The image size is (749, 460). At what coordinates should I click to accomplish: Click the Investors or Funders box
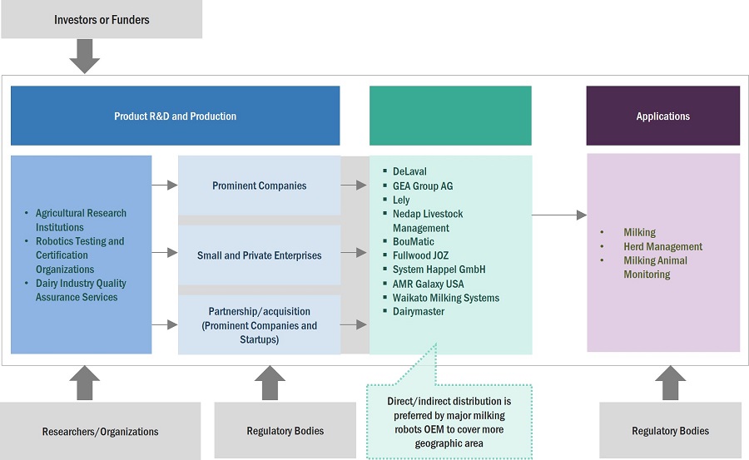click(x=101, y=19)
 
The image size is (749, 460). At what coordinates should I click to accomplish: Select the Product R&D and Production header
click(x=175, y=116)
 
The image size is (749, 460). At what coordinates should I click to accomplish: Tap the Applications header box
click(x=662, y=116)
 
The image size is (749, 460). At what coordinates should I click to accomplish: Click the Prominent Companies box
click(x=259, y=185)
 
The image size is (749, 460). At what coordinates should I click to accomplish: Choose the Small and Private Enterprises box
click(x=259, y=255)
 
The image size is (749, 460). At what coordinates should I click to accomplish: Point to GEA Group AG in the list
click(x=423, y=185)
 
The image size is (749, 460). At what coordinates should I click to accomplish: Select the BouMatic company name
click(x=413, y=242)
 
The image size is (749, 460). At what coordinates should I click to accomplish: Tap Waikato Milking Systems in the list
click(x=445, y=298)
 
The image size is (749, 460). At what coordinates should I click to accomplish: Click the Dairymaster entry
click(x=419, y=311)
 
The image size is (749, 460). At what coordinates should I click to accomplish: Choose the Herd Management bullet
click(x=662, y=246)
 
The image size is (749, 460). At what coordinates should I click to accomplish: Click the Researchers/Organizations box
click(x=100, y=431)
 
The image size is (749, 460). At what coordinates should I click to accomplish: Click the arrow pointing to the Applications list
click(x=559, y=215)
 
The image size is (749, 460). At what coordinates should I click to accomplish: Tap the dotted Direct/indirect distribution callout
click(x=449, y=421)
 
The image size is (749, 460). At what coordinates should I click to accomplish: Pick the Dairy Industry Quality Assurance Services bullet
click(x=81, y=290)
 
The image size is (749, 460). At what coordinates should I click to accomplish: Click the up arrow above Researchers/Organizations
click(x=84, y=383)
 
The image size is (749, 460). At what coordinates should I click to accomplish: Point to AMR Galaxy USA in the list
click(x=428, y=284)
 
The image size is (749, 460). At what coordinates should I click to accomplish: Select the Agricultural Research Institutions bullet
click(x=81, y=220)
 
